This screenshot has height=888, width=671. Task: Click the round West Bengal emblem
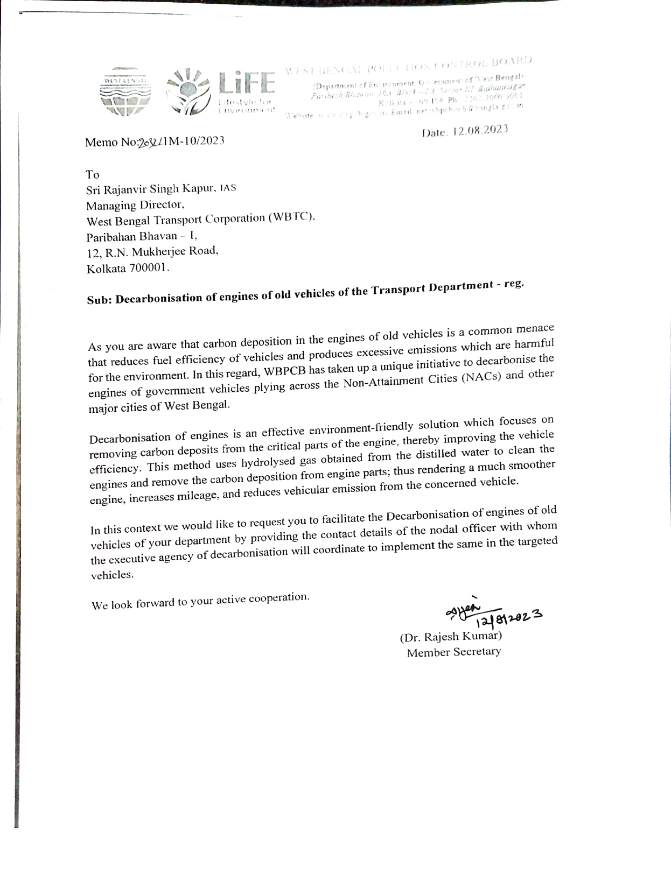[x=125, y=92]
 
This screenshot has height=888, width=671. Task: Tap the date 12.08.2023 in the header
[x=480, y=130]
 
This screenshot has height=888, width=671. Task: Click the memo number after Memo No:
[x=181, y=142]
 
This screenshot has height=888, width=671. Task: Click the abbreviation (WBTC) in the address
[x=290, y=217]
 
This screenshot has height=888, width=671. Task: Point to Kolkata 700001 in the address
[x=128, y=268]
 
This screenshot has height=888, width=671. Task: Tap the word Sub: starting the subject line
[x=100, y=301]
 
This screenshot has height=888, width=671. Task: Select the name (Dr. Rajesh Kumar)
[x=451, y=637]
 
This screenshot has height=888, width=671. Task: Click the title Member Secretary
[x=453, y=652]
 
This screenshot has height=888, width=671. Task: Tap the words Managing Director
[x=136, y=205]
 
